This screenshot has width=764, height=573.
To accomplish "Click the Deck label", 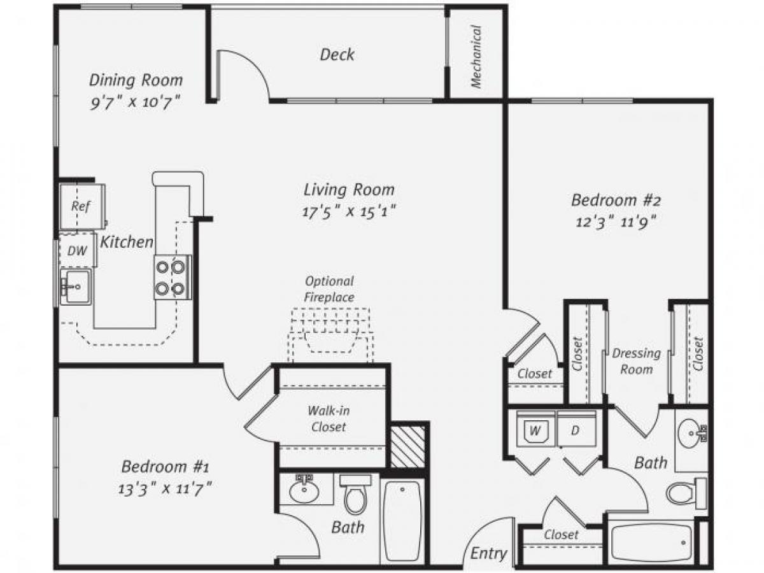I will click(337, 55).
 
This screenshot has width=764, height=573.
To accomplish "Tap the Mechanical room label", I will click(476, 56).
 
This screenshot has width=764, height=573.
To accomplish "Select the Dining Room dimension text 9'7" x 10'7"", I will click(136, 103).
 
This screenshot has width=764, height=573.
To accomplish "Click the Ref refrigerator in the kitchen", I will click(81, 206).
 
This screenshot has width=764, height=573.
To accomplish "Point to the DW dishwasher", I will click(77, 251).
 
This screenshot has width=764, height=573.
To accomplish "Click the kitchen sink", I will click(76, 286).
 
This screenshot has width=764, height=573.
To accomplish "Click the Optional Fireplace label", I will click(329, 288).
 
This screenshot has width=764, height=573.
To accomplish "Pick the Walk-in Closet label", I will click(329, 418).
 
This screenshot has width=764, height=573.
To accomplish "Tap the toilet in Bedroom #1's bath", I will click(355, 493).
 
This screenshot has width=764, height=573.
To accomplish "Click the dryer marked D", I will click(575, 431).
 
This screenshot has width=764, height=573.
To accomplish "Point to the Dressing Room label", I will click(636, 361).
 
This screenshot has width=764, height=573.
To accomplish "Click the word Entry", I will click(488, 553).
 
